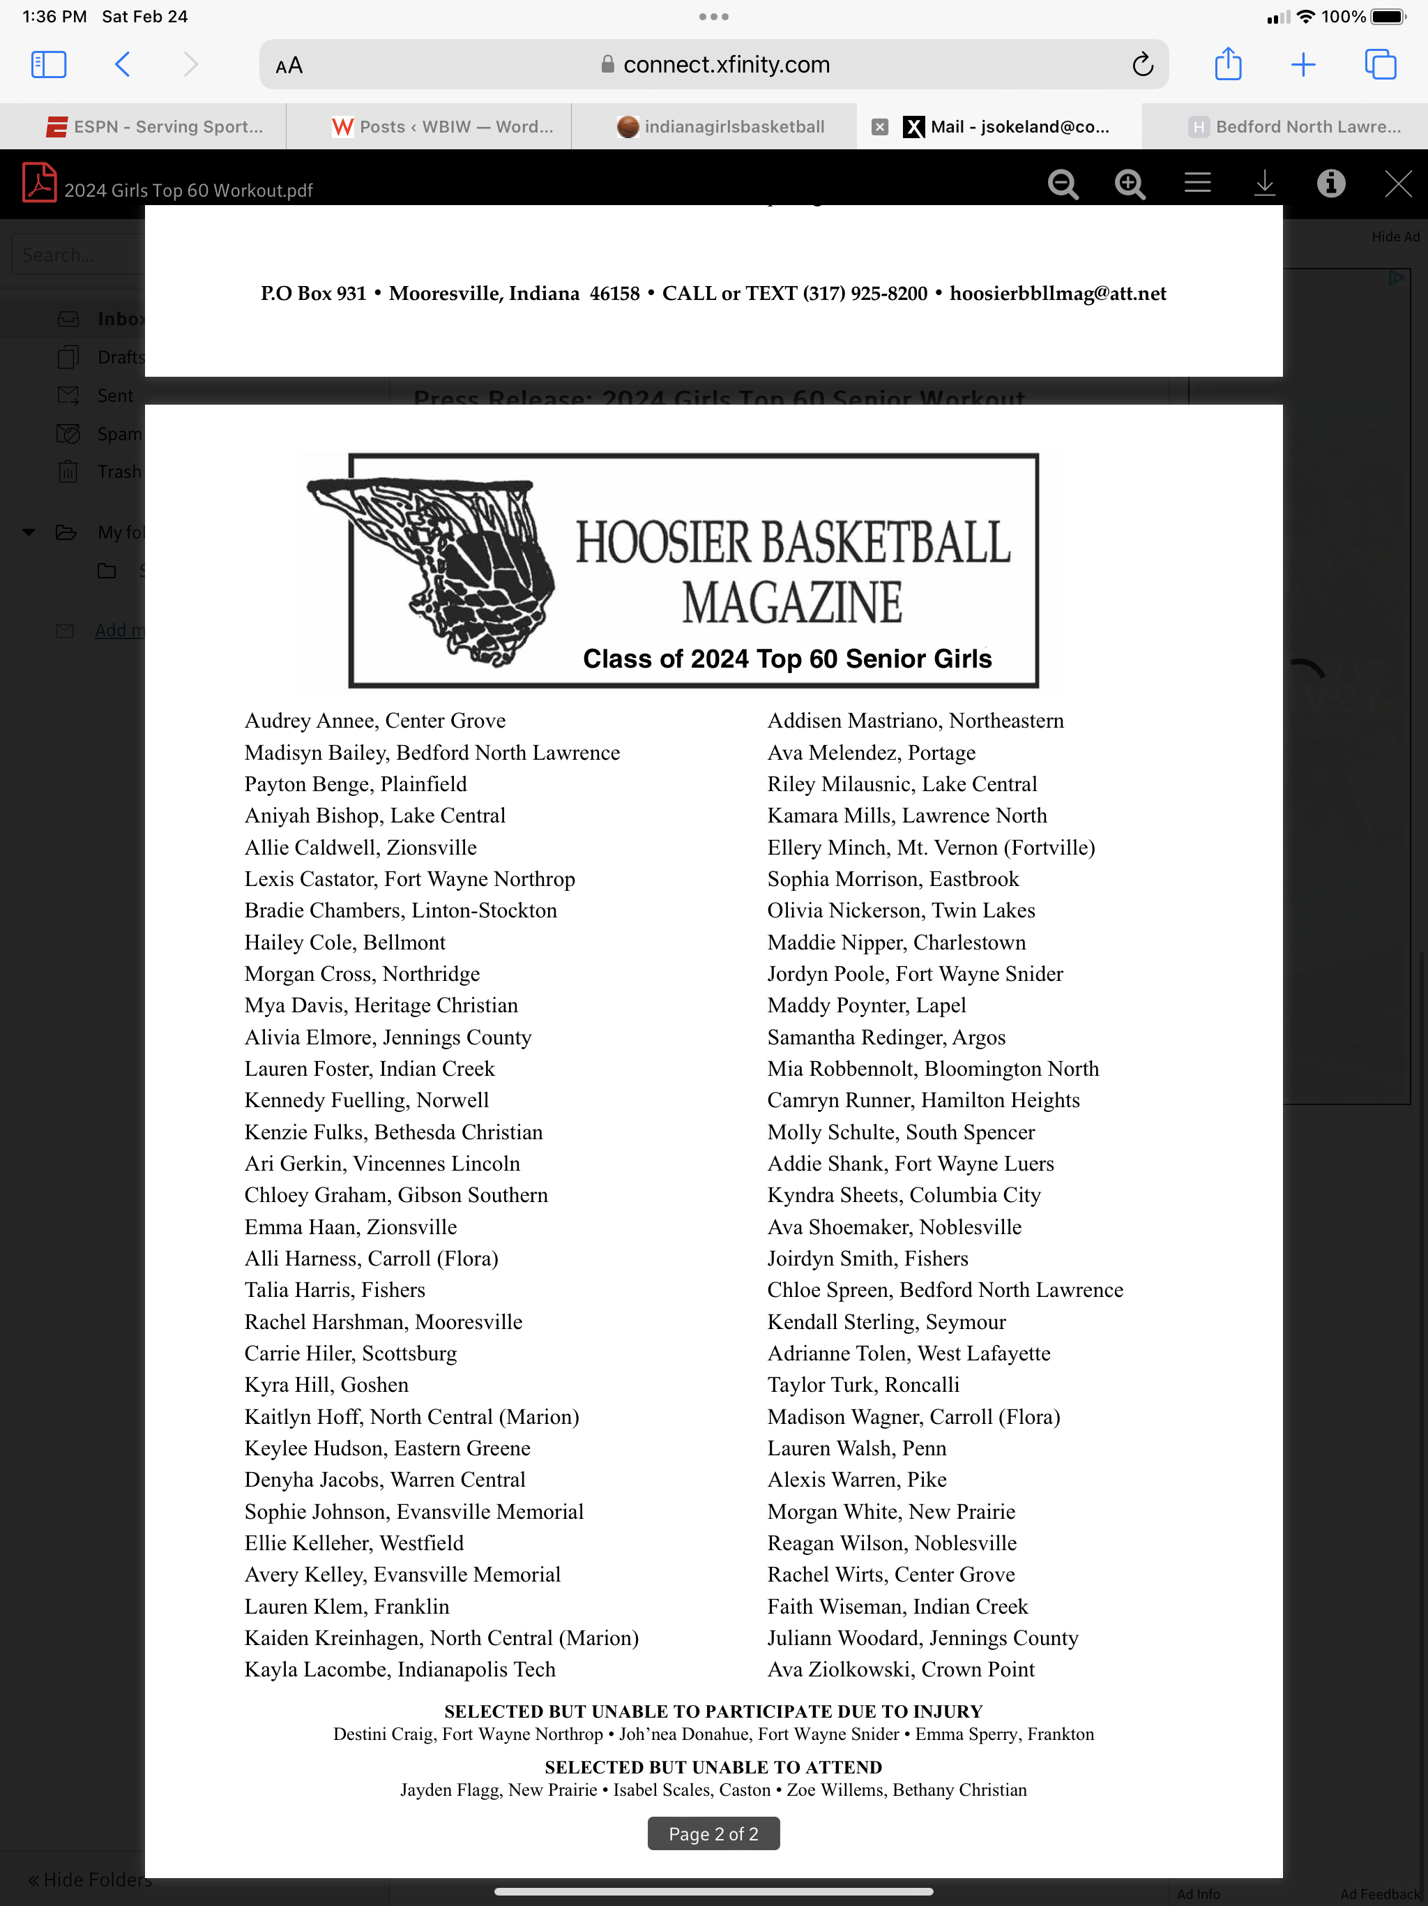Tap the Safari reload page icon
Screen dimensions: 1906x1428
1143,65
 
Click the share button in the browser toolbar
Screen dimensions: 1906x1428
1227,65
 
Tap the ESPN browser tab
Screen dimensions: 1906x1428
155,127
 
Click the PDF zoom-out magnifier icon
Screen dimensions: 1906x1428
1063,184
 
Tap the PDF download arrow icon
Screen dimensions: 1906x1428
1264,183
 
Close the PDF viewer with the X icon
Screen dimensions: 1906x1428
1398,183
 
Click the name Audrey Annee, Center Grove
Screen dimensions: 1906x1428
374,721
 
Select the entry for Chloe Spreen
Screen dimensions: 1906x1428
945,1290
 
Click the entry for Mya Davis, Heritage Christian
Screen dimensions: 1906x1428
381,1005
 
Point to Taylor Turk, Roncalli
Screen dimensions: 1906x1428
863,1385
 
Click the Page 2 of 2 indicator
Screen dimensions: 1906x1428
713,1833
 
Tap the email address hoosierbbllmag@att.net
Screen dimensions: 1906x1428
1058,294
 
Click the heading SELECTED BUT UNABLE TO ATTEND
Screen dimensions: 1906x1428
713,1767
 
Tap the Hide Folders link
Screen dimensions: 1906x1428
89,1879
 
